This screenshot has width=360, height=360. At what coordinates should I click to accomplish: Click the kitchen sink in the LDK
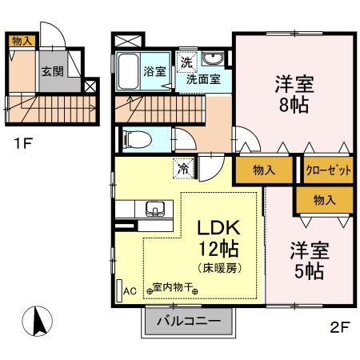155,210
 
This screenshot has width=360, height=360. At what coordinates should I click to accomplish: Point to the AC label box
129,291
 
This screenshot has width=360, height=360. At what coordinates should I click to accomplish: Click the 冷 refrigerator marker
183,169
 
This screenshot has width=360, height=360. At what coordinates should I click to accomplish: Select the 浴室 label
154,71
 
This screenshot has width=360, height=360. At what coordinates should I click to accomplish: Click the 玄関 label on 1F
53,71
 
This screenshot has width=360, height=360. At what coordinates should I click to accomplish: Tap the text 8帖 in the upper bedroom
294,103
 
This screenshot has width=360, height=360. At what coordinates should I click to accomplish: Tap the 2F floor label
340,326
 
